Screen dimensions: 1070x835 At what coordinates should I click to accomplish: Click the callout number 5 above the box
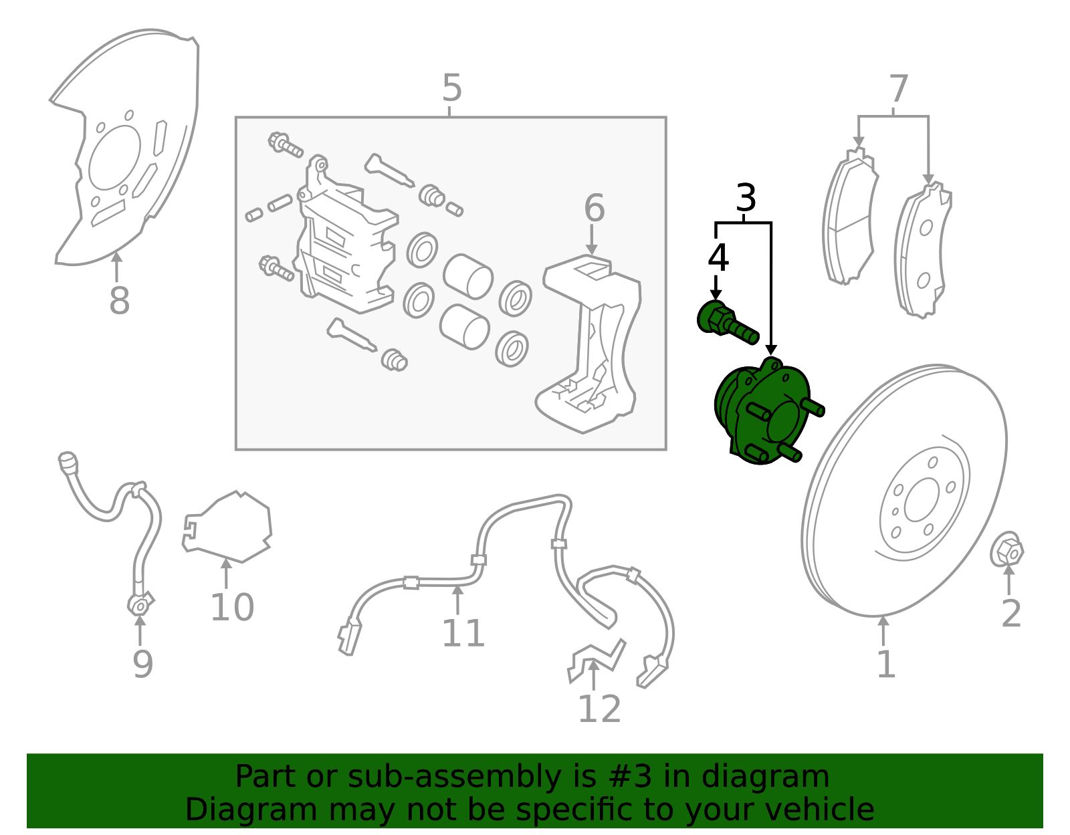coord(452,88)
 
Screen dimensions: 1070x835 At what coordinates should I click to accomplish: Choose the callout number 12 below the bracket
coord(599,709)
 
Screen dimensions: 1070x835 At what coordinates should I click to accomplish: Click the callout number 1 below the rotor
coord(886,665)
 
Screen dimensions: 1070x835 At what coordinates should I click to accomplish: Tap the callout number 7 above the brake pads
coord(898,89)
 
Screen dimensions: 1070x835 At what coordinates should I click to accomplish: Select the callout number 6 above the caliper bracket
coord(595,208)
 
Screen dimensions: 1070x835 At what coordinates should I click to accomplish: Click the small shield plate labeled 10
coord(227,527)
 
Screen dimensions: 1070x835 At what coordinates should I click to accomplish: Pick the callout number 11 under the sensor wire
coord(463,633)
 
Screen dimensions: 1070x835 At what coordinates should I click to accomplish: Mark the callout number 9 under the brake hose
coord(143,665)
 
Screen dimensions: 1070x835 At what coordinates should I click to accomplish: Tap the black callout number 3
coord(746,198)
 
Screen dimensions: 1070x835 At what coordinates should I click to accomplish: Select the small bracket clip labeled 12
coord(597,661)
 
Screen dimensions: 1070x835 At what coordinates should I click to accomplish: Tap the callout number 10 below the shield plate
coord(232,608)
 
